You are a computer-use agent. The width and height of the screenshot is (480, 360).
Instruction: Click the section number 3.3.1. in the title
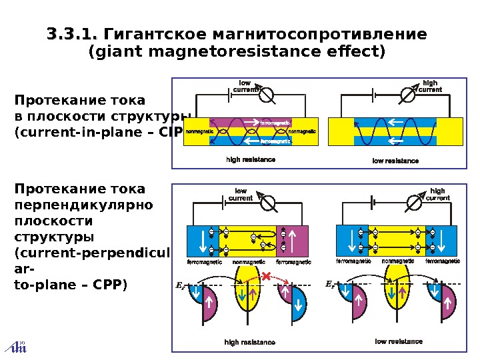(73, 33)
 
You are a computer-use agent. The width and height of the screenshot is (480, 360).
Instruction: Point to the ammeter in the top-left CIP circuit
(266, 95)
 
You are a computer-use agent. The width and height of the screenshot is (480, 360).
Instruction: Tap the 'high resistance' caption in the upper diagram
(251, 160)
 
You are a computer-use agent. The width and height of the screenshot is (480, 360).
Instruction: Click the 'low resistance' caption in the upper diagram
(395, 161)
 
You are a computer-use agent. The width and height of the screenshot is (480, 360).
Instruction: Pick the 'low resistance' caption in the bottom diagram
(399, 341)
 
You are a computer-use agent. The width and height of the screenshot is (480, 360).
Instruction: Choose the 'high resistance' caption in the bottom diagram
(250, 342)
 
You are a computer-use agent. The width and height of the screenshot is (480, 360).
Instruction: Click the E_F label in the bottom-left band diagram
(179, 286)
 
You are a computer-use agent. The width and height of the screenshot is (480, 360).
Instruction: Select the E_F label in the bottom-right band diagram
(329, 285)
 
